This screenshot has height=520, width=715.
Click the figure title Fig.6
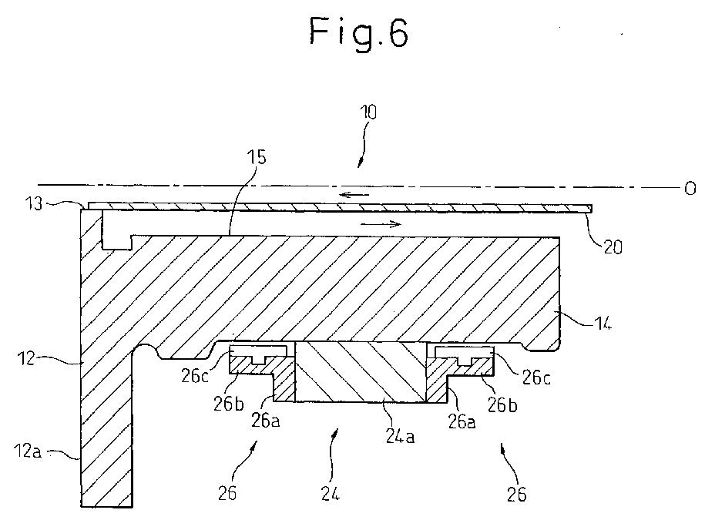(x=359, y=32)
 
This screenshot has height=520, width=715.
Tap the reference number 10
(x=368, y=112)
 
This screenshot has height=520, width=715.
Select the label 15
(x=257, y=157)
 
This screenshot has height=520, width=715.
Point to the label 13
(x=33, y=203)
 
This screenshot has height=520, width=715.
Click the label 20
(x=613, y=247)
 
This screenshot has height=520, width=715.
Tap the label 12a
(x=28, y=451)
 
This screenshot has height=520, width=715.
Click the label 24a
(x=400, y=437)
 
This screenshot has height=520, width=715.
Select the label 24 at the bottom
(x=331, y=494)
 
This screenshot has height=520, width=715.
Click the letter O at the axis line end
(x=690, y=188)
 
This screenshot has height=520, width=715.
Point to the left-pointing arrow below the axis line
(x=354, y=195)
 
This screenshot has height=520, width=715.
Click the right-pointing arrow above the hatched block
(x=381, y=223)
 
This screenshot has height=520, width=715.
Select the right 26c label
(x=535, y=377)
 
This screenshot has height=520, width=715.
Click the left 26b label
(x=229, y=404)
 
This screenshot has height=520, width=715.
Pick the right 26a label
(x=462, y=422)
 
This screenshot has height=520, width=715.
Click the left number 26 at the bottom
(x=227, y=494)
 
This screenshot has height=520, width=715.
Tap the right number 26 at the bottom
(x=517, y=494)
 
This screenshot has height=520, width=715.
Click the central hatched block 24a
(x=361, y=371)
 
